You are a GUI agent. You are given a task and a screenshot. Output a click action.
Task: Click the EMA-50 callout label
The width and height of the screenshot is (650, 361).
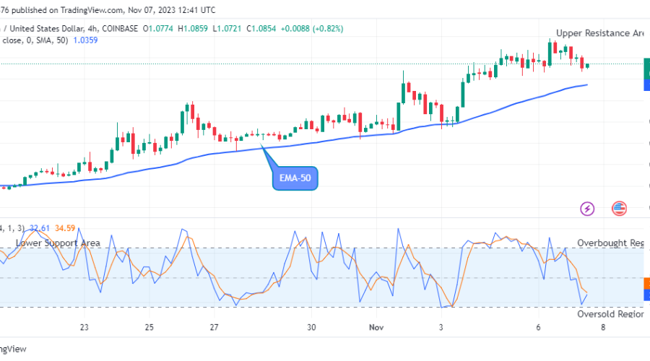click(x=295, y=178)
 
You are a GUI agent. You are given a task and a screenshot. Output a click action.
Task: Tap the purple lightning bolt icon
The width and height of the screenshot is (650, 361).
click(x=587, y=209)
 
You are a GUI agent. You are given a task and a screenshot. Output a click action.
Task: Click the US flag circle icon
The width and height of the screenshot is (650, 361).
click(x=619, y=209)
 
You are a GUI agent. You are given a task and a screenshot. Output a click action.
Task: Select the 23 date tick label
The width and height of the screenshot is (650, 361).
click(x=84, y=327)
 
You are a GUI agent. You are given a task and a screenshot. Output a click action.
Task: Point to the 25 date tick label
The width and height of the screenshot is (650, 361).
click(x=149, y=327)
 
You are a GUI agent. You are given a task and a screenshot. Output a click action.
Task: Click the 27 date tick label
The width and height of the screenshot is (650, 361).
click(x=214, y=327)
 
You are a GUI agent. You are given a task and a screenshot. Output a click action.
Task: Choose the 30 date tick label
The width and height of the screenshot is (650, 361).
click(x=311, y=327)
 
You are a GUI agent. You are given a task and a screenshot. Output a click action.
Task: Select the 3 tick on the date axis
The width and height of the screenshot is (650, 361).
click(x=441, y=327)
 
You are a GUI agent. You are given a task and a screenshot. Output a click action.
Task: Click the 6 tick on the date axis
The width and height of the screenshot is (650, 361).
click(x=539, y=327)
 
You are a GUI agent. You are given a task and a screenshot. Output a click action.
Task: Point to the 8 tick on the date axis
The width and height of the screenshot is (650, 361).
click(x=604, y=327)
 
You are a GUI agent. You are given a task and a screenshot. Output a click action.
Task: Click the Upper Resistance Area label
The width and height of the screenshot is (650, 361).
click(x=599, y=33)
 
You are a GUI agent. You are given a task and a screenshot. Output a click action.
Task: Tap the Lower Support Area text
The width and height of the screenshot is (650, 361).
click(x=58, y=243)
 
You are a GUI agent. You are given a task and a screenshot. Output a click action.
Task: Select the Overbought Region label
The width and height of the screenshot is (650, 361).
click(x=610, y=243)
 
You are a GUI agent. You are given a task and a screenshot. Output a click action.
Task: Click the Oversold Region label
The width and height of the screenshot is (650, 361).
click(x=610, y=314)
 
